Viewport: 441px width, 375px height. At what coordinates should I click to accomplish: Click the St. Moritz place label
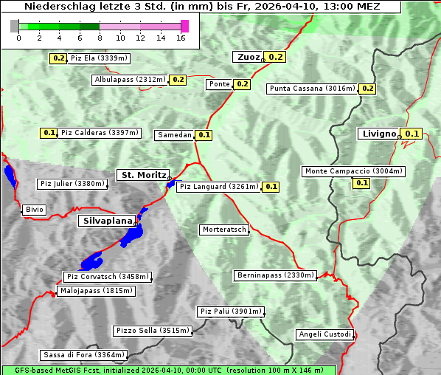(142, 175)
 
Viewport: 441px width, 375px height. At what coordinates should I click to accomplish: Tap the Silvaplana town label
(107, 221)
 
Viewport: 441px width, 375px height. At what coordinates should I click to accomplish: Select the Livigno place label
(378, 134)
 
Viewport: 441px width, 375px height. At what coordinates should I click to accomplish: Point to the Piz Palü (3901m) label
(230, 312)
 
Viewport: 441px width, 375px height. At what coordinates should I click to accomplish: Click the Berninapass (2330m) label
(276, 275)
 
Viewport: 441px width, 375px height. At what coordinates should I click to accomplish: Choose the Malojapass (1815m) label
(96, 291)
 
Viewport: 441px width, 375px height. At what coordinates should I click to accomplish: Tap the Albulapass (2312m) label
(130, 80)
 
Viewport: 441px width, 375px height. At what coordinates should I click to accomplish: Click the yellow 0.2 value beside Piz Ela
(58, 58)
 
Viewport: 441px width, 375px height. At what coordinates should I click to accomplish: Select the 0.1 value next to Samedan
(204, 135)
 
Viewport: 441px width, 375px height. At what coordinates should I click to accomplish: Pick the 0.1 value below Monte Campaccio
(361, 183)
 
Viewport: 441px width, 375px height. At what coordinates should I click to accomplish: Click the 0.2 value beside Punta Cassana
(368, 89)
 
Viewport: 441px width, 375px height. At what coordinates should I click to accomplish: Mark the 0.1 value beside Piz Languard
(271, 187)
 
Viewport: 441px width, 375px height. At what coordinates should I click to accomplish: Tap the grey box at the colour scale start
(14, 26)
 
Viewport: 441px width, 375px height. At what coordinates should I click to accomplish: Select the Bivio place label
(35, 210)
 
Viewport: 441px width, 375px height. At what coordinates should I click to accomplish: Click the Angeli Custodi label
(324, 334)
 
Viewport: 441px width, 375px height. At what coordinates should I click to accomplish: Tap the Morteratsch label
(224, 230)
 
